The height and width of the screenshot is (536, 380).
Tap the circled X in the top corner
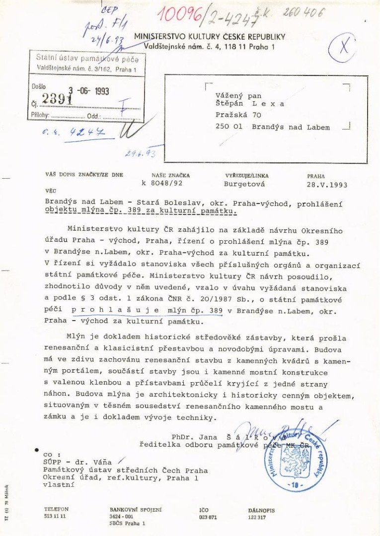click(x=343, y=47)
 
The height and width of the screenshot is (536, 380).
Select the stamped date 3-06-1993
click(x=88, y=91)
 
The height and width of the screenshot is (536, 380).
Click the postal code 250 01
click(x=229, y=127)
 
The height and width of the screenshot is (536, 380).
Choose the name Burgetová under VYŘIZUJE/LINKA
click(x=244, y=185)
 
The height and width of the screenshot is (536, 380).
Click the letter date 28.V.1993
click(x=327, y=185)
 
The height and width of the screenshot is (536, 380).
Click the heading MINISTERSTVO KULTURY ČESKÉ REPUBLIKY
click(x=210, y=37)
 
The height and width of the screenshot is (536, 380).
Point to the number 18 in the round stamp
click(x=296, y=485)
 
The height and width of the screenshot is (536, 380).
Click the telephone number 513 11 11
click(x=55, y=516)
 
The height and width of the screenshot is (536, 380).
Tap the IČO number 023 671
click(x=208, y=517)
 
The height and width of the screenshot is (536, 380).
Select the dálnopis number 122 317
click(x=257, y=517)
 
